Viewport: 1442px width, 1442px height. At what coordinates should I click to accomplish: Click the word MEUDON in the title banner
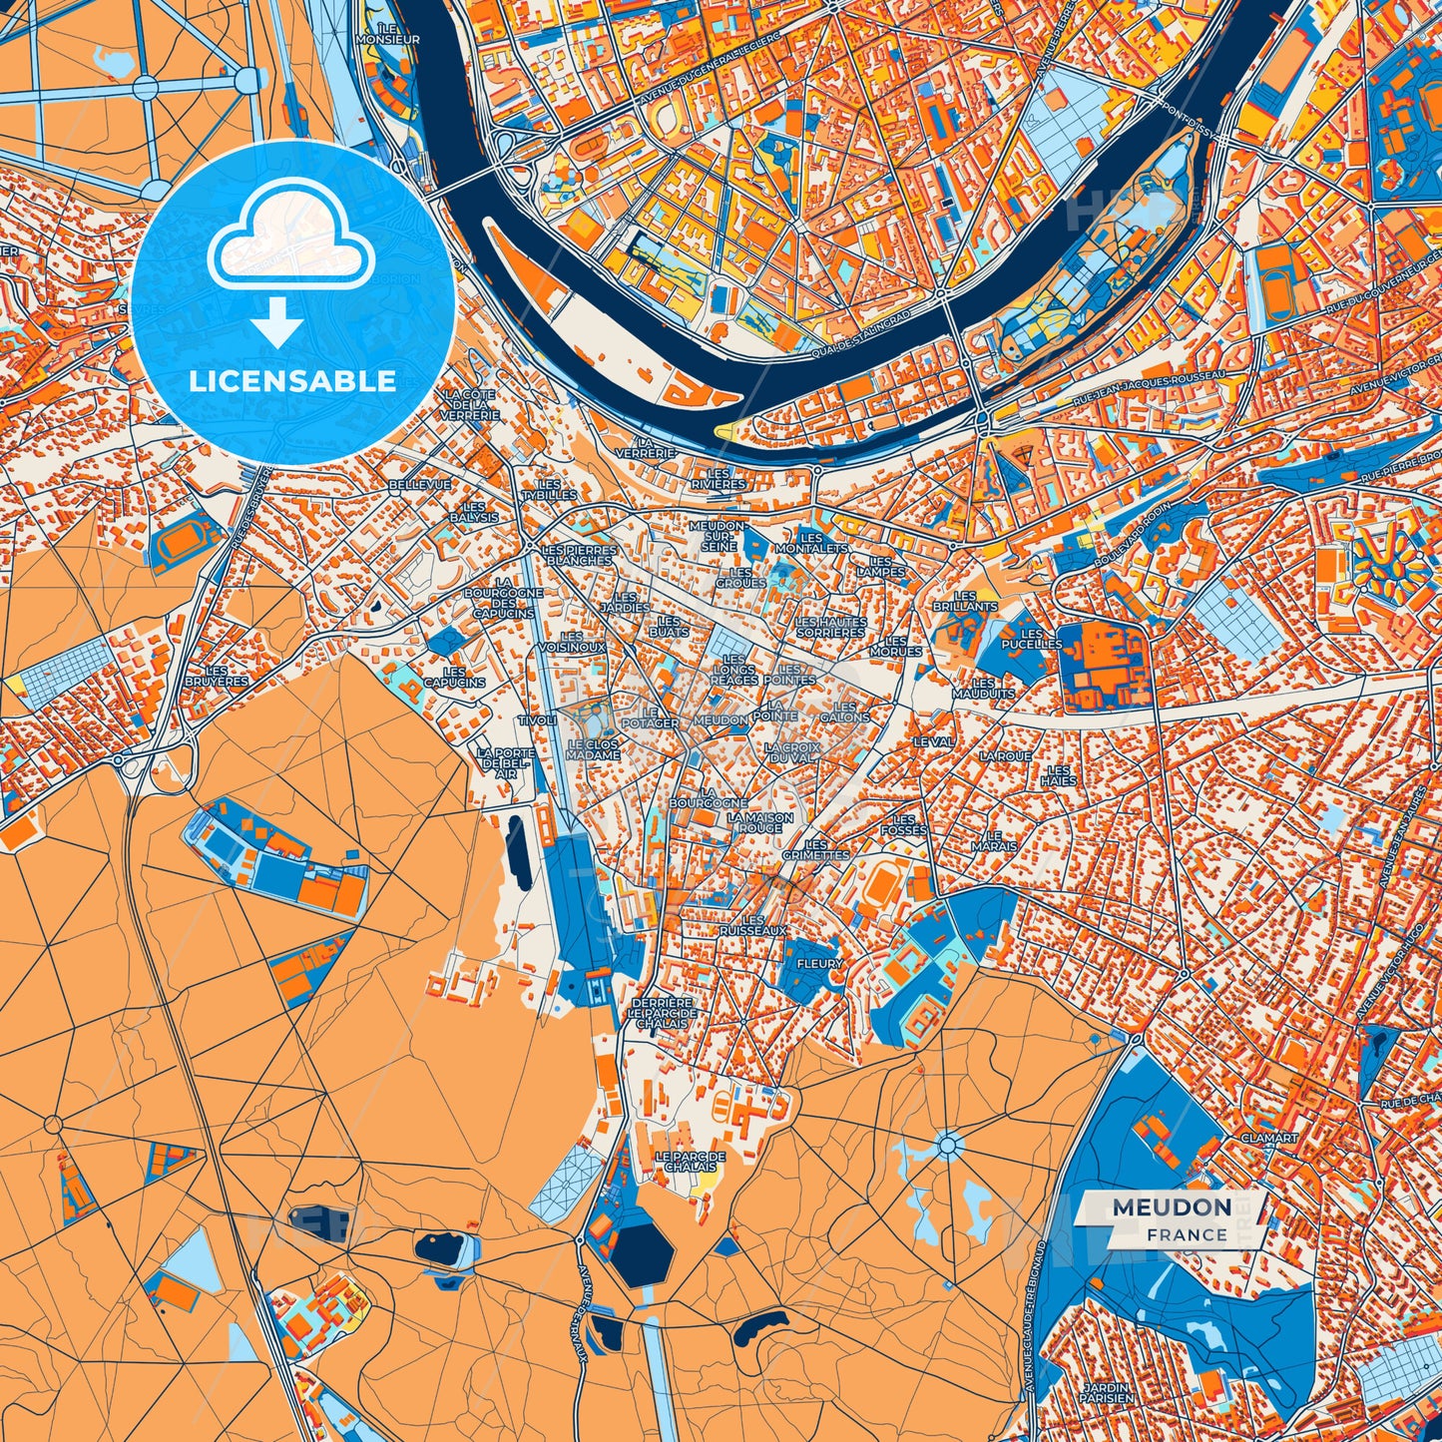(x=1172, y=1207)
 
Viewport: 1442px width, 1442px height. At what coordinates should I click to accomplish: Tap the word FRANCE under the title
(x=1187, y=1234)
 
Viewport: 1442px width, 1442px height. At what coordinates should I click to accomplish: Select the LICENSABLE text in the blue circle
(x=292, y=381)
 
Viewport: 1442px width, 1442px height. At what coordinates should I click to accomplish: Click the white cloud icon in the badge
(x=290, y=245)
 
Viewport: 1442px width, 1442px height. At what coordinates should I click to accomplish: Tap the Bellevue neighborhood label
(x=419, y=484)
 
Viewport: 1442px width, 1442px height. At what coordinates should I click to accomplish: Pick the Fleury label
(x=819, y=964)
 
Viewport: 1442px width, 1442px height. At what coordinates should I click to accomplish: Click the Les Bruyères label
(x=224, y=676)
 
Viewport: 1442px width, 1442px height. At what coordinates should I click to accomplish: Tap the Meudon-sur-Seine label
(x=719, y=536)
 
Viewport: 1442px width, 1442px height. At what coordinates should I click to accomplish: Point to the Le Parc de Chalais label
(x=691, y=1162)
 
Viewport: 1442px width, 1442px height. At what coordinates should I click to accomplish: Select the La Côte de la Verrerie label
(x=469, y=405)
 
